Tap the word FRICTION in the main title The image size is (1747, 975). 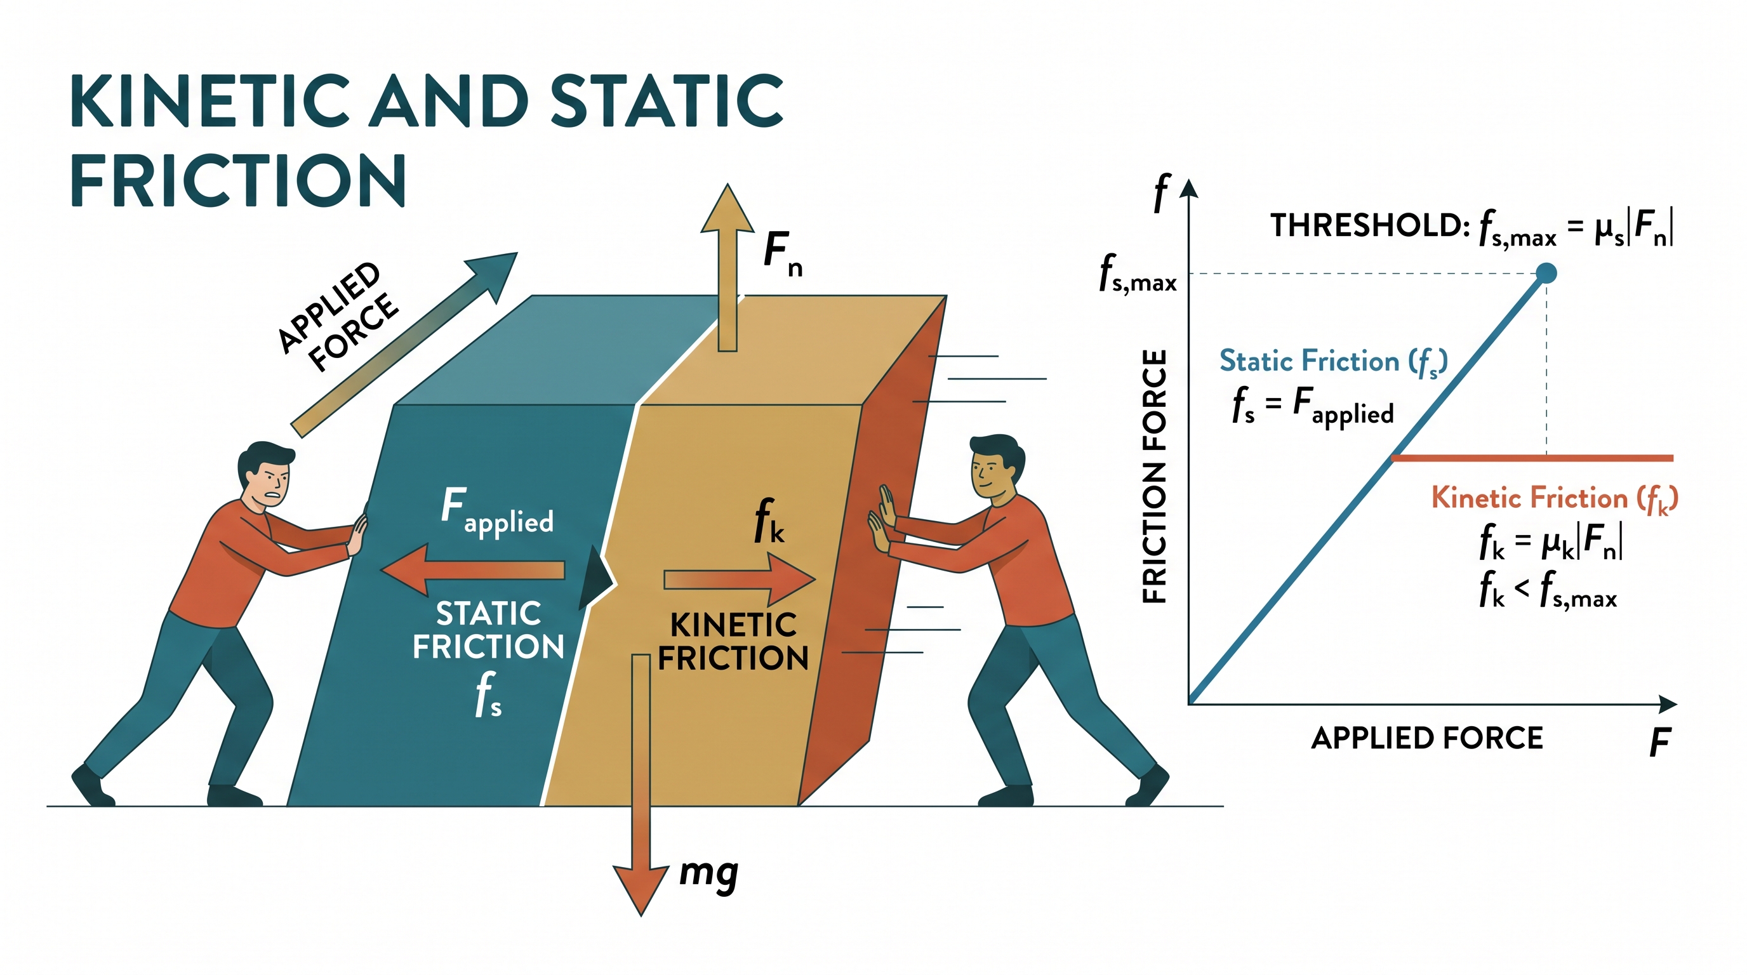point(238,180)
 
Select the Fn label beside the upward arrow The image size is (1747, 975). point(783,253)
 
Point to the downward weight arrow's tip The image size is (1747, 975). point(641,915)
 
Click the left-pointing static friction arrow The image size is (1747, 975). point(473,569)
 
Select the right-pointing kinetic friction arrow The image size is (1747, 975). point(739,579)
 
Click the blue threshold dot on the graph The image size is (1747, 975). point(1546,273)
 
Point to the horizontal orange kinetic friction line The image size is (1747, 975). point(1532,458)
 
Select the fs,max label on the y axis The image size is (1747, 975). point(1138,274)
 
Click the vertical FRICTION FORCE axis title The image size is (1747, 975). point(1155,476)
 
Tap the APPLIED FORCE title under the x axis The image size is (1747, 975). point(1427,738)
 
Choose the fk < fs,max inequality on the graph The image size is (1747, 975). point(1548,590)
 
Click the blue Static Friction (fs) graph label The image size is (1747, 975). point(1333,362)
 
